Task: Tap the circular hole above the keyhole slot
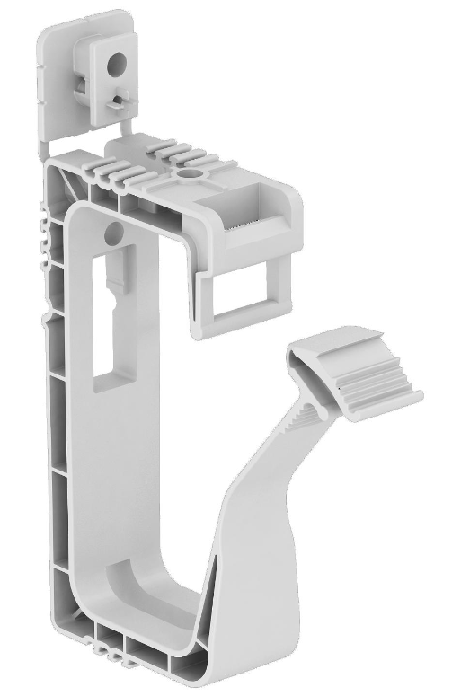click(x=111, y=233)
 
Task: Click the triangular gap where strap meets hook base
click(x=210, y=611)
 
